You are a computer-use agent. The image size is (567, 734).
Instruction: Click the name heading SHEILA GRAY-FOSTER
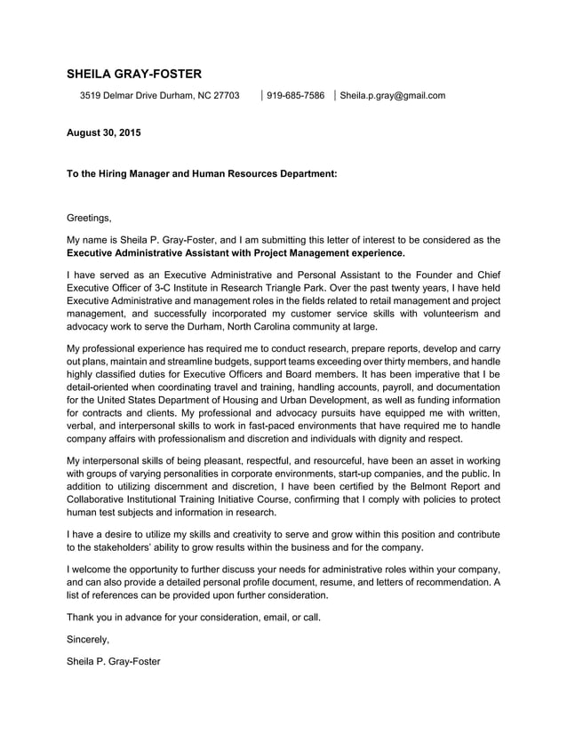[134, 74]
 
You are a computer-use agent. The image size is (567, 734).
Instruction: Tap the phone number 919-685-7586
[295, 95]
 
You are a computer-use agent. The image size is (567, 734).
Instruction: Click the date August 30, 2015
[104, 133]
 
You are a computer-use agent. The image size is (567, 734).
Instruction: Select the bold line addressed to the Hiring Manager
[202, 175]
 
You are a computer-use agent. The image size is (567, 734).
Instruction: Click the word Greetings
[89, 217]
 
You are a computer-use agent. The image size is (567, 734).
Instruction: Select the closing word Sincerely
[88, 639]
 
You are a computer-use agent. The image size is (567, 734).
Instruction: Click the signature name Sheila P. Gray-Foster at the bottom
[114, 661]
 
